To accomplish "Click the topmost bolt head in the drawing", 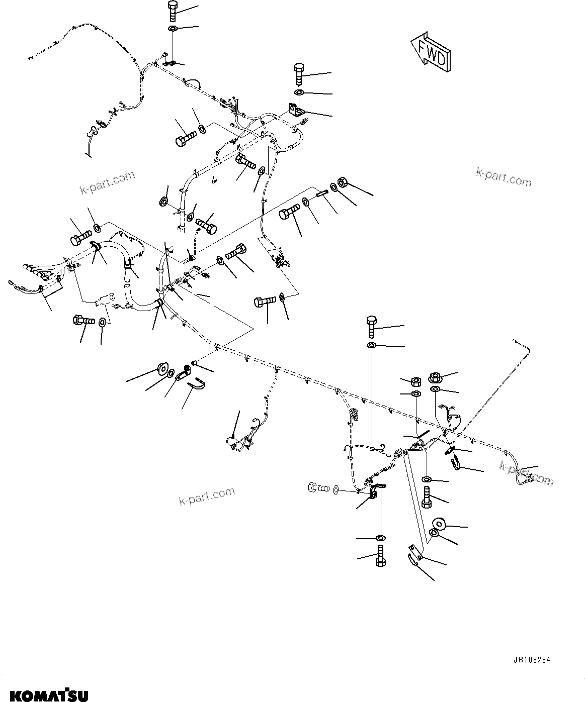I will tap(171, 7).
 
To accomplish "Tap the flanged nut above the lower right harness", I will tap(435, 377).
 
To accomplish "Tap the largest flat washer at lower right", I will tap(439, 523).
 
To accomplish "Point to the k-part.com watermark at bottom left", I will tap(207, 496).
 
